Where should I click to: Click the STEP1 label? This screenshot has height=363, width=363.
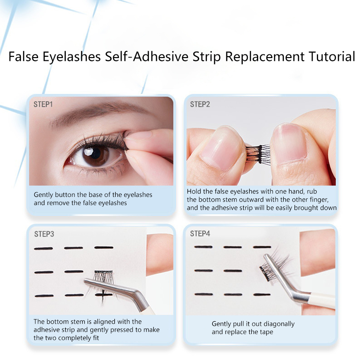click(x=43, y=104)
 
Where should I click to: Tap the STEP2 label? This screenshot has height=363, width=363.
click(x=200, y=104)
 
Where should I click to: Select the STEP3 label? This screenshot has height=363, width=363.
click(x=44, y=234)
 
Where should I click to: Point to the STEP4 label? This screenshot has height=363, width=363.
click(x=200, y=234)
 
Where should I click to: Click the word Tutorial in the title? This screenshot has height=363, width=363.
click(x=332, y=56)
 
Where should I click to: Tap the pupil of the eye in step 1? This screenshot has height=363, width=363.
click(x=95, y=153)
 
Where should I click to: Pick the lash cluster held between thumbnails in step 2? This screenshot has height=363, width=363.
click(x=258, y=153)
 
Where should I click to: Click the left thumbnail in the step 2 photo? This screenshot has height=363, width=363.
click(x=221, y=152)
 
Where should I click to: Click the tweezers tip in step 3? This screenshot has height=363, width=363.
click(x=86, y=282)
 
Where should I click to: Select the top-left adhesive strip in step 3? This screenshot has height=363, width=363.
click(x=43, y=249)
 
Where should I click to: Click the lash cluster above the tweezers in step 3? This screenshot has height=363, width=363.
click(x=103, y=277)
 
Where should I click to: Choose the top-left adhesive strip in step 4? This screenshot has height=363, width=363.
click(x=203, y=247)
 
